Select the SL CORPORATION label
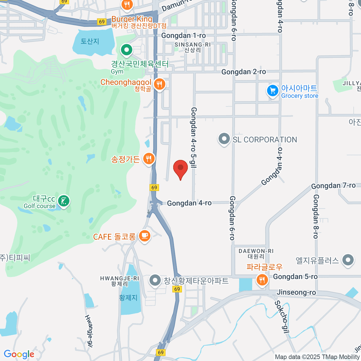265,140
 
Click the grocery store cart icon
273,91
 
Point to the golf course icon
63,201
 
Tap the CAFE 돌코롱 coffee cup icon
144,236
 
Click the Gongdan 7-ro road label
333,186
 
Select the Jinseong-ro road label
296,292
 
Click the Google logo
19,354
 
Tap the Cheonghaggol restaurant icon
159,84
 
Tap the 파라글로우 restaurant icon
262,280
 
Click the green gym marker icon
127,50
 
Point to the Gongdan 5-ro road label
295,276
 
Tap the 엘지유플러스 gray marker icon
348,260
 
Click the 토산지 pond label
90,41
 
